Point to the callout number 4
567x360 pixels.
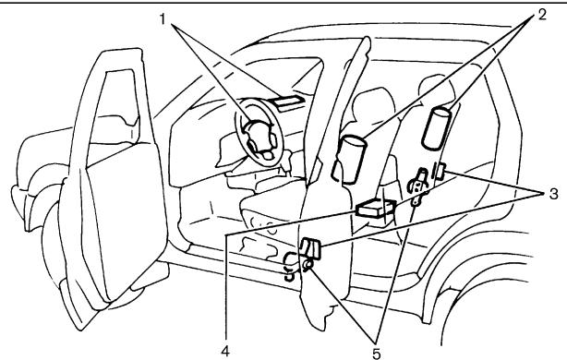223,350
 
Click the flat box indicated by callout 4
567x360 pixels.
376,211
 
